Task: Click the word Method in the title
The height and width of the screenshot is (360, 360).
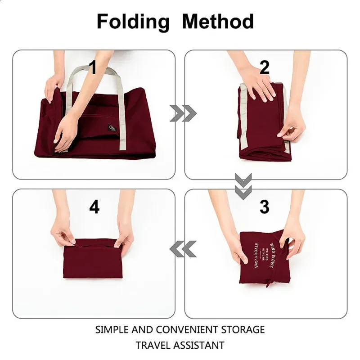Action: (218, 21)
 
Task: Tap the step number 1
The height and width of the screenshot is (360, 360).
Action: (93, 67)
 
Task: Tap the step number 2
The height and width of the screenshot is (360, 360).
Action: (265, 67)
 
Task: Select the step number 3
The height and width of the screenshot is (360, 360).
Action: (265, 207)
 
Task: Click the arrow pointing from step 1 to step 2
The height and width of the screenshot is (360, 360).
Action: (183, 114)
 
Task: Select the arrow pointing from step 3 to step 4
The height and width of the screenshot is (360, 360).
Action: (183, 248)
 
